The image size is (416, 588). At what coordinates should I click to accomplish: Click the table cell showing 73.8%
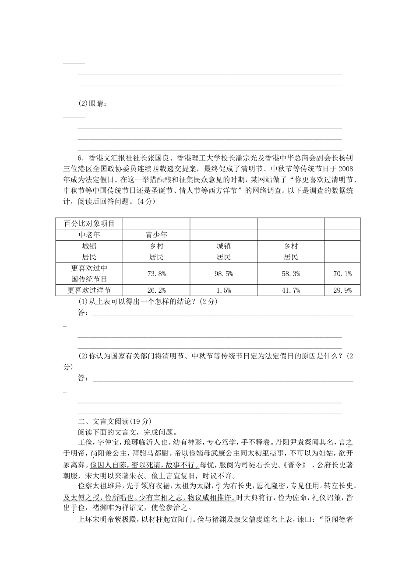pyautogui.click(x=156, y=273)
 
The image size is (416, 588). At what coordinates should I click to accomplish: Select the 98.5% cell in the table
pyautogui.click(x=223, y=273)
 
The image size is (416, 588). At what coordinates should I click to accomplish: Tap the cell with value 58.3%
pyautogui.click(x=291, y=273)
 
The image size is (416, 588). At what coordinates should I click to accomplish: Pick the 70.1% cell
pyautogui.click(x=342, y=273)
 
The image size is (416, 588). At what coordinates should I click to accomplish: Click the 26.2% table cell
pyautogui.click(x=156, y=290)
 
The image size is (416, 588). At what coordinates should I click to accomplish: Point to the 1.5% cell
pyautogui.click(x=223, y=290)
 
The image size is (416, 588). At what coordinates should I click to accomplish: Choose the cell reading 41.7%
pyautogui.click(x=291, y=290)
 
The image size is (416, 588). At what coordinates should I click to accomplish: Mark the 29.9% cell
pyautogui.click(x=342, y=290)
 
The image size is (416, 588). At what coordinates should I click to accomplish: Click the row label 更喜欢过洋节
pyautogui.click(x=89, y=290)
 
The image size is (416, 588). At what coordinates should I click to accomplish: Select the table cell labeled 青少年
pyautogui.click(x=156, y=235)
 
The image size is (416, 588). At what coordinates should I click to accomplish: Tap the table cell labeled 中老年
pyautogui.click(x=89, y=235)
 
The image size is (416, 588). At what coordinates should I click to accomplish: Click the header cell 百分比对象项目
pyautogui.click(x=89, y=224)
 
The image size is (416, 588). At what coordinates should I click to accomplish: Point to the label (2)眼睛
pyautogui.click(x=92, y=104)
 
